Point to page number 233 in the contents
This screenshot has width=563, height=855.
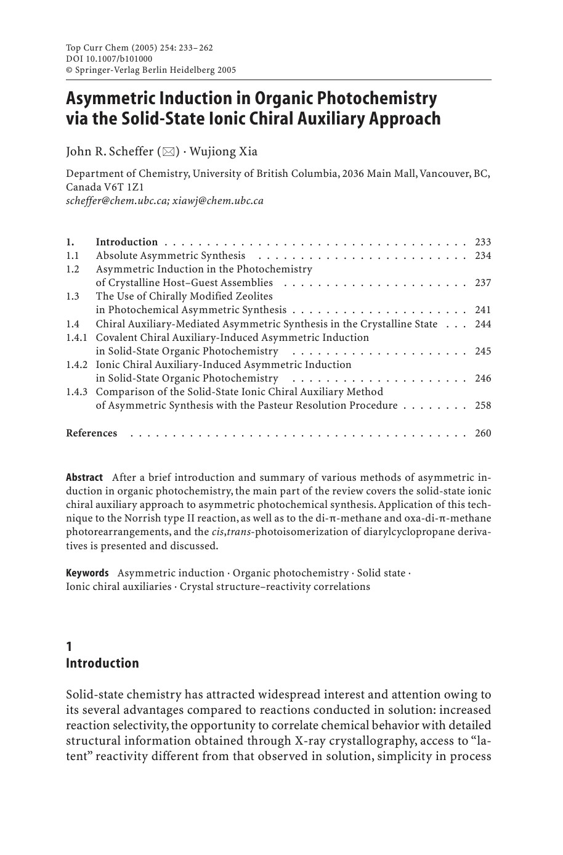(483, 242)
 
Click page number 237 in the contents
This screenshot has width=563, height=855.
(483, 283)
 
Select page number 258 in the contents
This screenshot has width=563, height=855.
(483, 406)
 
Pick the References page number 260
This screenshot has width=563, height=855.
(483, 433)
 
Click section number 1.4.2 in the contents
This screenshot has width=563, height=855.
(77, 365)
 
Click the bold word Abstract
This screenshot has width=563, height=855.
(84, 478)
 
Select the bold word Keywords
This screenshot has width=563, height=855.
(87, 573)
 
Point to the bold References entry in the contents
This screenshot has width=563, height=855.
(91, 433)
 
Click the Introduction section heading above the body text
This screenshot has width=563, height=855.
(102, 663)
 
